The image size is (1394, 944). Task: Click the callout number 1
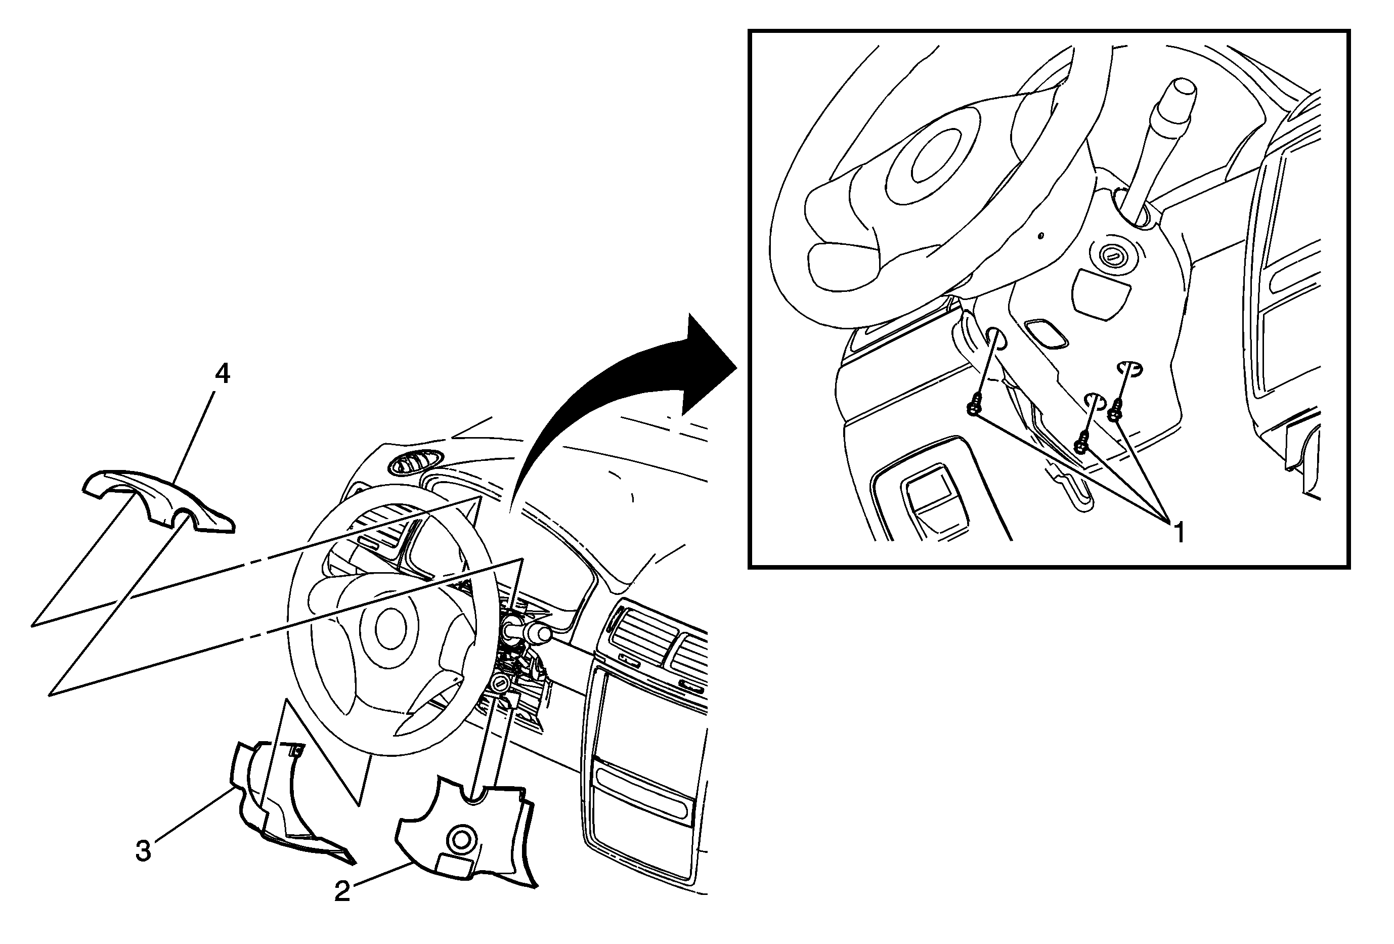(x=1179, y=533)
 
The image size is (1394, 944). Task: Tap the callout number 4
(x=223, y=374)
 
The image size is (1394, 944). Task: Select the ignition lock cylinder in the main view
(x=499, y=683)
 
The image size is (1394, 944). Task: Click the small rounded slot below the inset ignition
(x=1047, y=333)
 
